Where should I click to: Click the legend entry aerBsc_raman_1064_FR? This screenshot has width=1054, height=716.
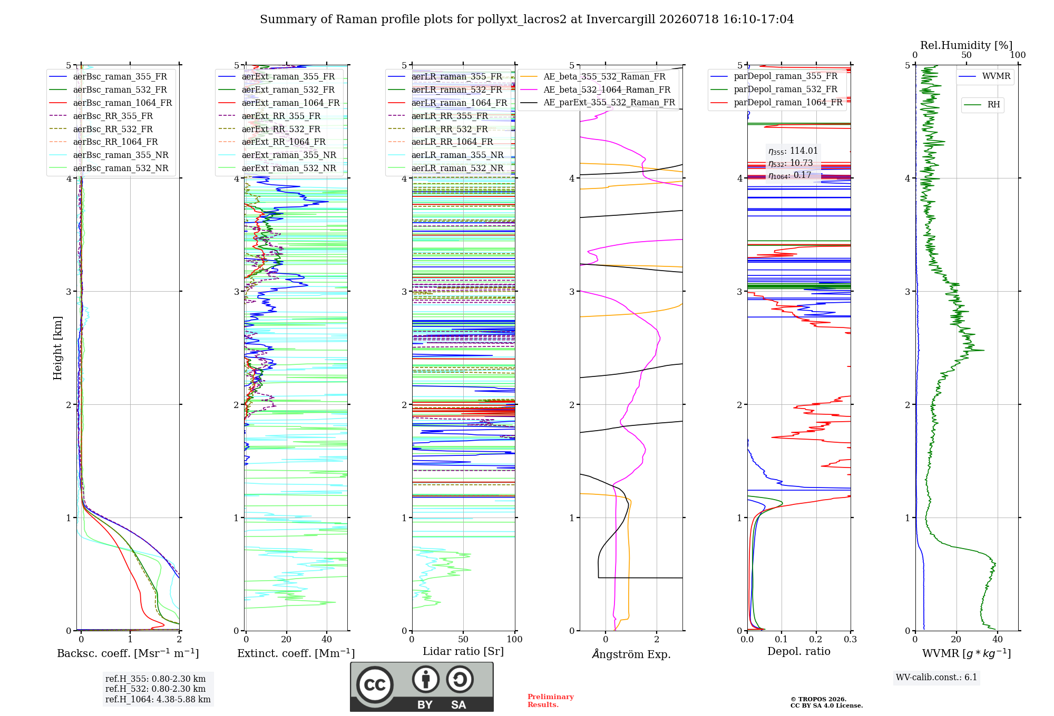click(x=122, y=103)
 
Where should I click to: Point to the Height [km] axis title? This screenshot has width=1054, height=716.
click(x=57, y=348)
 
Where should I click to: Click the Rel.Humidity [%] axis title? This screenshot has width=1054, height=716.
click(x=967, y=45)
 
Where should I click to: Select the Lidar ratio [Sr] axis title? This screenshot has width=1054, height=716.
click(x=463, y=651)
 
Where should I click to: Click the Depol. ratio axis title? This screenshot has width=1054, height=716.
click(x=799, y=651)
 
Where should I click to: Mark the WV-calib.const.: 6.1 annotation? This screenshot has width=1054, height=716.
click(x=936, y=677)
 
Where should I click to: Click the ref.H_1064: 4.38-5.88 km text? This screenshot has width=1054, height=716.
click(x=158, y=699)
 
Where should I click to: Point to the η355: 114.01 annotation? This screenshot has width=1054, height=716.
click(x=793, y=151)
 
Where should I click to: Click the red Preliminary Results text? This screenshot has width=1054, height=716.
click(x=551, y=701)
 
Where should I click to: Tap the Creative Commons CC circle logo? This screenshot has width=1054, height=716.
click(x=375, y=684)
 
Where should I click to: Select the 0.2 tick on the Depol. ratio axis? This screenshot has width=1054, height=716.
click(x=816, y=639)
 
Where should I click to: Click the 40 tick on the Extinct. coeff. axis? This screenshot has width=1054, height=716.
click(x=327, y=639)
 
